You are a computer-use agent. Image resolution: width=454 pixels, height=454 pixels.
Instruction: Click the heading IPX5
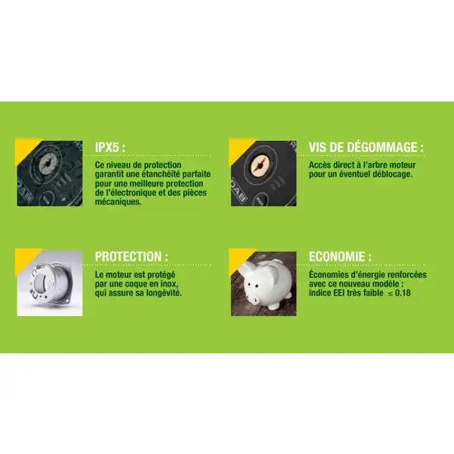(x=111, y=147)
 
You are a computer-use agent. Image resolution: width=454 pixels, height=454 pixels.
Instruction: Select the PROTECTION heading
(x=137, y=257)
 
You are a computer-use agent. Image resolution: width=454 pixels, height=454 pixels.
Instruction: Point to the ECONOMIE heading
(x=339, y=257)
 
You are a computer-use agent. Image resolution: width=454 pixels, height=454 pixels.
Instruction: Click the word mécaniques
(x=117, y=201)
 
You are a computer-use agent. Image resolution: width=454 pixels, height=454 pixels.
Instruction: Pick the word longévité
(x=161, y=293)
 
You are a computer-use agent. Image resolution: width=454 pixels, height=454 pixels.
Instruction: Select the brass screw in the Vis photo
(x=262, y=161)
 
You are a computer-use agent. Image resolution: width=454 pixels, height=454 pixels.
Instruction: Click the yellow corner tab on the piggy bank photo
(x=236, y=255)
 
